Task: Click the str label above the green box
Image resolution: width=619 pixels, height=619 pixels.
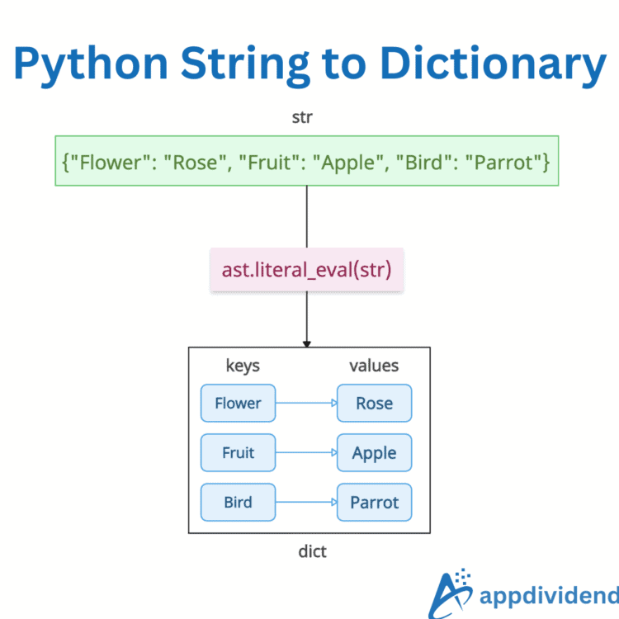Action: [x=302, y=117]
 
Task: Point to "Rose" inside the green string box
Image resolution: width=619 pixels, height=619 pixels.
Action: [x=199, y=162]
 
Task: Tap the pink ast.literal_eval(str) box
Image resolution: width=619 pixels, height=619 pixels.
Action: [x=307, y=269]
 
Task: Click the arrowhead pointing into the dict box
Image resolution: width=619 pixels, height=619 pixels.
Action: [x=307, y=343]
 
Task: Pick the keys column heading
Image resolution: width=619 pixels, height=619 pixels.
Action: [x=243, y=365]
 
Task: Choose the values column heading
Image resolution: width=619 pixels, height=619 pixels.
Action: [x=374, y=365]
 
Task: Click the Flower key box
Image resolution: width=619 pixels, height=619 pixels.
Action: [x=238, y=403]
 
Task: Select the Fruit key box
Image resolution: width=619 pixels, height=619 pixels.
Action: [x=238, y=452]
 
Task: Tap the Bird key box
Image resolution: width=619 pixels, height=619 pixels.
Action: [x=238, y=502]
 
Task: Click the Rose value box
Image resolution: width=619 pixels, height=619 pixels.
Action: [x=374, y=403]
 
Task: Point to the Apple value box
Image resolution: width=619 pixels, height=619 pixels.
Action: [x=374, y=452]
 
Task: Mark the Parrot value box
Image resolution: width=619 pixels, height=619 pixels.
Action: [x=374, y=502]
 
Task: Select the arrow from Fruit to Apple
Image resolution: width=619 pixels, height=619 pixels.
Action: [x=305, y=452]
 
